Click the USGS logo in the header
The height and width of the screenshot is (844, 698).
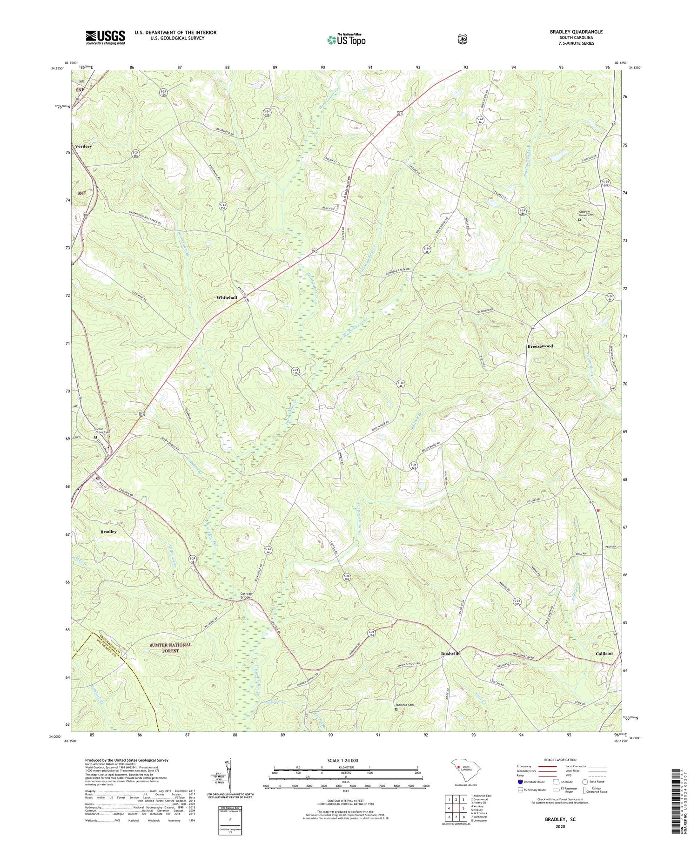(105, 37)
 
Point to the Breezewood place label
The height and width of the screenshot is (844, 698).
(540, 346)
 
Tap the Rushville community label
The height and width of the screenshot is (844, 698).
(450, 654)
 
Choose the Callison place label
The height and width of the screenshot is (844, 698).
(604, 654)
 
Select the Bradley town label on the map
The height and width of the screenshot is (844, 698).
(108, 532)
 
